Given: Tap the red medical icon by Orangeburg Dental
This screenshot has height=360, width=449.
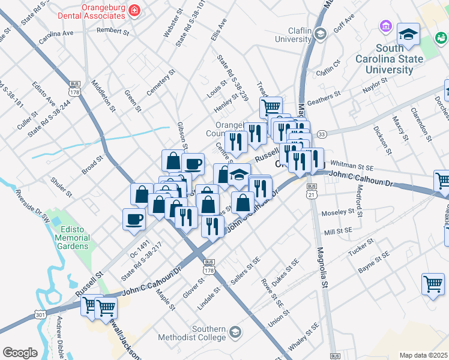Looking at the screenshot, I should (x=134, y=10).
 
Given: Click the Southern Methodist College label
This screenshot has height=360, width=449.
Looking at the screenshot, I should (x=208, y=334).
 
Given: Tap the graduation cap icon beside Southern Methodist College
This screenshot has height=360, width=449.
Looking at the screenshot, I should (x=235, y=332).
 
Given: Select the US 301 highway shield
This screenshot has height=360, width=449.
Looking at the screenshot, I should (x=40, y=313).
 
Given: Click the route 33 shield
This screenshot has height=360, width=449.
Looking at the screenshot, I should (x=322, y=134).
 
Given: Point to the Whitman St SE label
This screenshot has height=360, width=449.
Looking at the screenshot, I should (x=352, y=163).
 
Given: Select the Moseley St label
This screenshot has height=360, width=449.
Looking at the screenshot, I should (x=339, y=213).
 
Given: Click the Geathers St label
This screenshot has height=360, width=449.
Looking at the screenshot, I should (x=324, y=98).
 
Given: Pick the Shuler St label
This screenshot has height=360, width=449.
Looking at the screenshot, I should (x=61, y=187).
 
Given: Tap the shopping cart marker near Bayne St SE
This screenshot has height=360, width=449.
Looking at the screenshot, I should (x=433, y=284).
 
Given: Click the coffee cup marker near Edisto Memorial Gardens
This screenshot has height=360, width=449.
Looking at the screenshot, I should (x=134, y=218).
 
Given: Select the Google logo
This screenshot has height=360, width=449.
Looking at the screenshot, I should (x=20, y=353).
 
